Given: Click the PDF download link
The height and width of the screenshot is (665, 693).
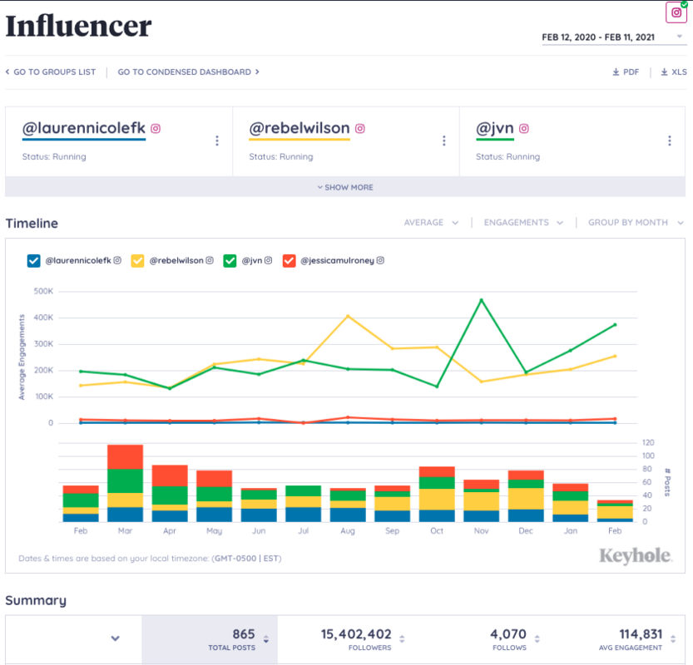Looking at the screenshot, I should (626, 72).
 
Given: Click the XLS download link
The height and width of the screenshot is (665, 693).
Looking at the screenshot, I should (674, 72).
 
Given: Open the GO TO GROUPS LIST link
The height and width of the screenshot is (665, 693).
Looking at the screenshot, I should (51, 72).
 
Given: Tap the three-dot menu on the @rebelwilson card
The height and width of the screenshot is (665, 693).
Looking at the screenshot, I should (443, 141).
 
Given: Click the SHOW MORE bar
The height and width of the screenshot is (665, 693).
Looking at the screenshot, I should (345, 187).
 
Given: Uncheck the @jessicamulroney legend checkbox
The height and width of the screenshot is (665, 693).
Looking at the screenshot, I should (290, 261).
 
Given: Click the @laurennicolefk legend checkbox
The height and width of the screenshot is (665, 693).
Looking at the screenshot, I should (34, 261).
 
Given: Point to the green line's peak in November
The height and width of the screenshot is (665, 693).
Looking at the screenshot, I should (481, 300).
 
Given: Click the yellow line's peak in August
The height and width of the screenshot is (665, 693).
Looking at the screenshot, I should (348, 316).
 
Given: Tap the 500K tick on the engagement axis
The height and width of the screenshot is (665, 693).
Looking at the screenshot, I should (43, 292).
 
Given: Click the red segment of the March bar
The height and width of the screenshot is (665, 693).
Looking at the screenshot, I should (125, 456).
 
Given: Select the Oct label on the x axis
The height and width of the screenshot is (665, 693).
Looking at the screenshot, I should (437, 530).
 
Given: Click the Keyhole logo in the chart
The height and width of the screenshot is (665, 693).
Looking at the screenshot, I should (636, 555).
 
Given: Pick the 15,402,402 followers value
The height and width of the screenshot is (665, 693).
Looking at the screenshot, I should (356, 634).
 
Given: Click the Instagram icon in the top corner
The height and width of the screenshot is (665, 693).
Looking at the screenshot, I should (676, 12).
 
